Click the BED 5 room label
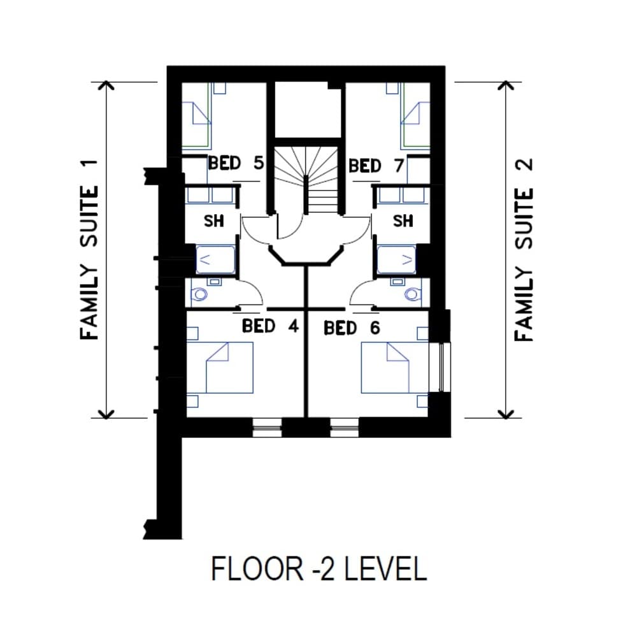tap(236, 163)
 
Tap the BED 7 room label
tap(376, 166)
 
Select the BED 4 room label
tap(270, 326)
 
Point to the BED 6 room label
tap(352, 329)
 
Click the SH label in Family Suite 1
tap(213, 221)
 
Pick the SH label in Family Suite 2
tap(403, 221)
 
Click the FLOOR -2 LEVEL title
tap(318, 568)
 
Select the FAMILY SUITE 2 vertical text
tap(523, 249)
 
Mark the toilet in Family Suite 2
tap(413, 294)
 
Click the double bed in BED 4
tap(229, 368)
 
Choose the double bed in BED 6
tap(386, 368)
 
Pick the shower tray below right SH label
tap(397, 260)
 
